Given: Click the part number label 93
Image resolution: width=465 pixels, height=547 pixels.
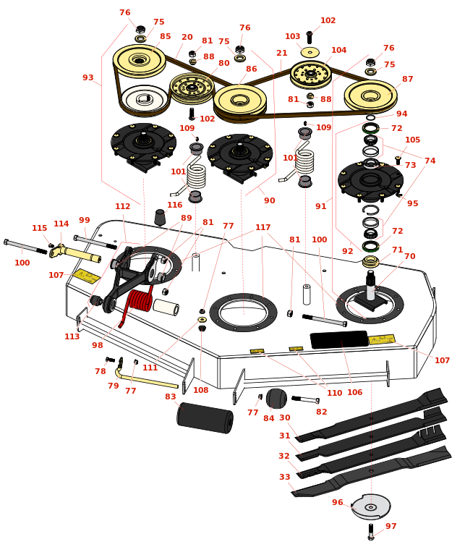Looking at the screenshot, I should point(88,78).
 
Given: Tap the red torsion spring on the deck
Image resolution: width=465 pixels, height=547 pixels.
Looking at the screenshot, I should point(138,300).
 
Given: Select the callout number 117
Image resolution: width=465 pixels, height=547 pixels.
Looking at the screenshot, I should point(263,228).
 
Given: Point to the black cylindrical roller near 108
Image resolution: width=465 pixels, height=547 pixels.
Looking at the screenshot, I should point(205,417).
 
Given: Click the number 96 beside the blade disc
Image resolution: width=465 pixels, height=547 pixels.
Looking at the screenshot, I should point(338,503).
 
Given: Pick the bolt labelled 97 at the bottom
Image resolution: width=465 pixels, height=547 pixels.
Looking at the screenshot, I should point(371,532).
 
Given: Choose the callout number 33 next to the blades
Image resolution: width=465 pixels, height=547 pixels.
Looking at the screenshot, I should point(284,478).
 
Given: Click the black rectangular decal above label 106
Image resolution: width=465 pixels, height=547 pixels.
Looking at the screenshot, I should point(339,339).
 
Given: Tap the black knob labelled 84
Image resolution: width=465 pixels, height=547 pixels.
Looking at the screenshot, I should point(276,398).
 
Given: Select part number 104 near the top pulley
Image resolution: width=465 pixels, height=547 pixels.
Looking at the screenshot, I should point(338,51).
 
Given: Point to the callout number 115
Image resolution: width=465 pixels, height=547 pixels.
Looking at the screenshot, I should point(39,229).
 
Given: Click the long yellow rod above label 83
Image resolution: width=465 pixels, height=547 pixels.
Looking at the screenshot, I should point(149,381).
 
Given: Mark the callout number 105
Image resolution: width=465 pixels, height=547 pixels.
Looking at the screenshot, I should point(412,140).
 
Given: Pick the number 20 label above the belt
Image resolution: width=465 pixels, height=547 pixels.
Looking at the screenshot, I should point(187,38).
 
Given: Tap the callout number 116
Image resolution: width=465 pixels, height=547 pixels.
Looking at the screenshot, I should point(175,205).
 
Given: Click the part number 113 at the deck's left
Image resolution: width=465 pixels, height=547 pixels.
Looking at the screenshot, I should point(72,336).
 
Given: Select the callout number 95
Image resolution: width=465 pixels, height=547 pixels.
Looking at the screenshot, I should point(412,204).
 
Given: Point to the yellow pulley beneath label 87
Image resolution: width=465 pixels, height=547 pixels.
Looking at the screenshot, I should point(370,96).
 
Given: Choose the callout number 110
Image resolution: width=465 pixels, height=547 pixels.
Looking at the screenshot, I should point(334,394).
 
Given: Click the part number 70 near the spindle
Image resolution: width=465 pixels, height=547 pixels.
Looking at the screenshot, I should point(409,257).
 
